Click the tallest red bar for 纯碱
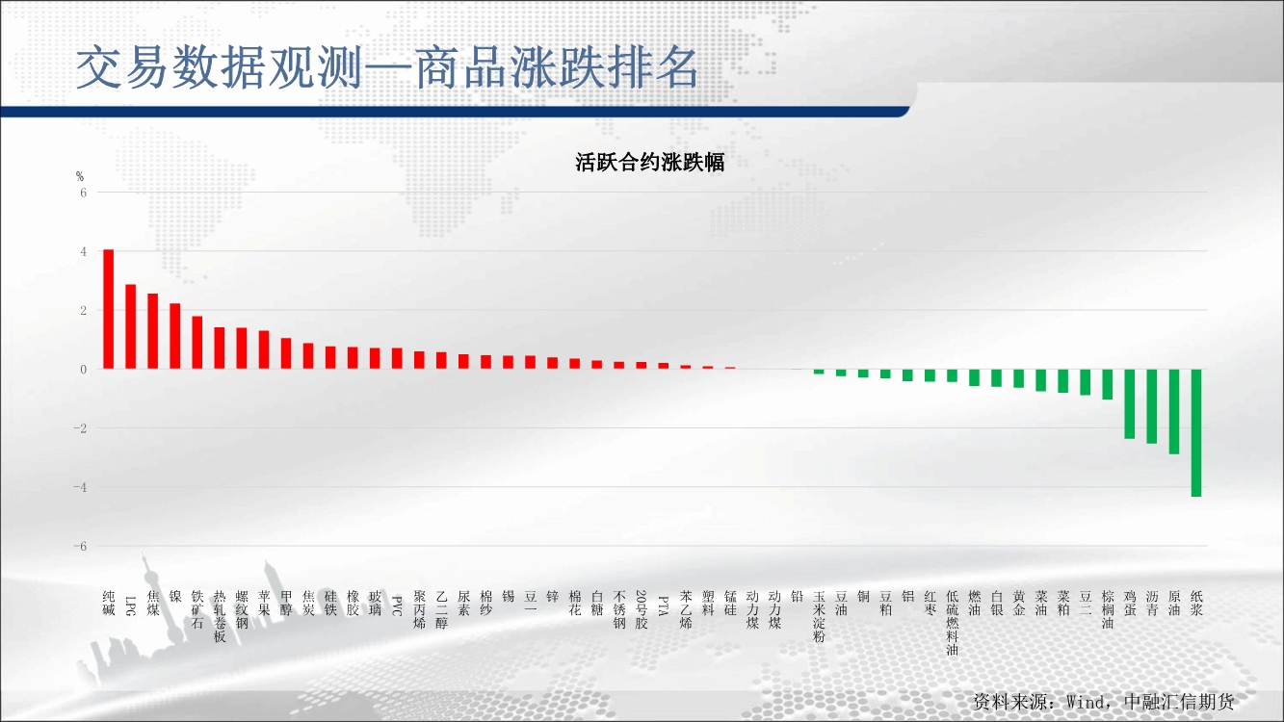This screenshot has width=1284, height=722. tap(108, 309)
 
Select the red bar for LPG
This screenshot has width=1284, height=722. tap(131, 326)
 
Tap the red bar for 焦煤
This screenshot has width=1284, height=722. tap(152, 330)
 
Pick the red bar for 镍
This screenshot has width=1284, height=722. tap(175, 336)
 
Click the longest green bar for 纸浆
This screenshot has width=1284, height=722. tap(1196, 432)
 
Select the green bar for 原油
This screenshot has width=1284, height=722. tap(1174, 411)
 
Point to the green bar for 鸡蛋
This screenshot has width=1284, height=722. tap(1130, 404)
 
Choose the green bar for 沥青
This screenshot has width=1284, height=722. tap(1152, 406)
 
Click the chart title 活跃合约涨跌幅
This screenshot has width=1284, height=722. tap(650, 163)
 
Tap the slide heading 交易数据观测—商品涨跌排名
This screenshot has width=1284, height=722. tap(387, 68)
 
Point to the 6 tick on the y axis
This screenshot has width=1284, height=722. tap(84, 193)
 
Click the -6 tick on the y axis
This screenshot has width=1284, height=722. tap(80, 546)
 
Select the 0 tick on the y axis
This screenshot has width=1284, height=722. tap(84, 370)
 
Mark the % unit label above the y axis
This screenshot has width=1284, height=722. tap(80, 176)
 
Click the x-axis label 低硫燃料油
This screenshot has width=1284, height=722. tap(952, 623)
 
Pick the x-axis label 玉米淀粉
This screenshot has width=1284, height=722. tap(819, 616)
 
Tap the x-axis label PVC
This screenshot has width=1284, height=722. tap(397, 606)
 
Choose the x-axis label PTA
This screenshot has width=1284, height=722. tap(664, 606)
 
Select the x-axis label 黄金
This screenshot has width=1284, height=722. tap(1019, 604)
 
